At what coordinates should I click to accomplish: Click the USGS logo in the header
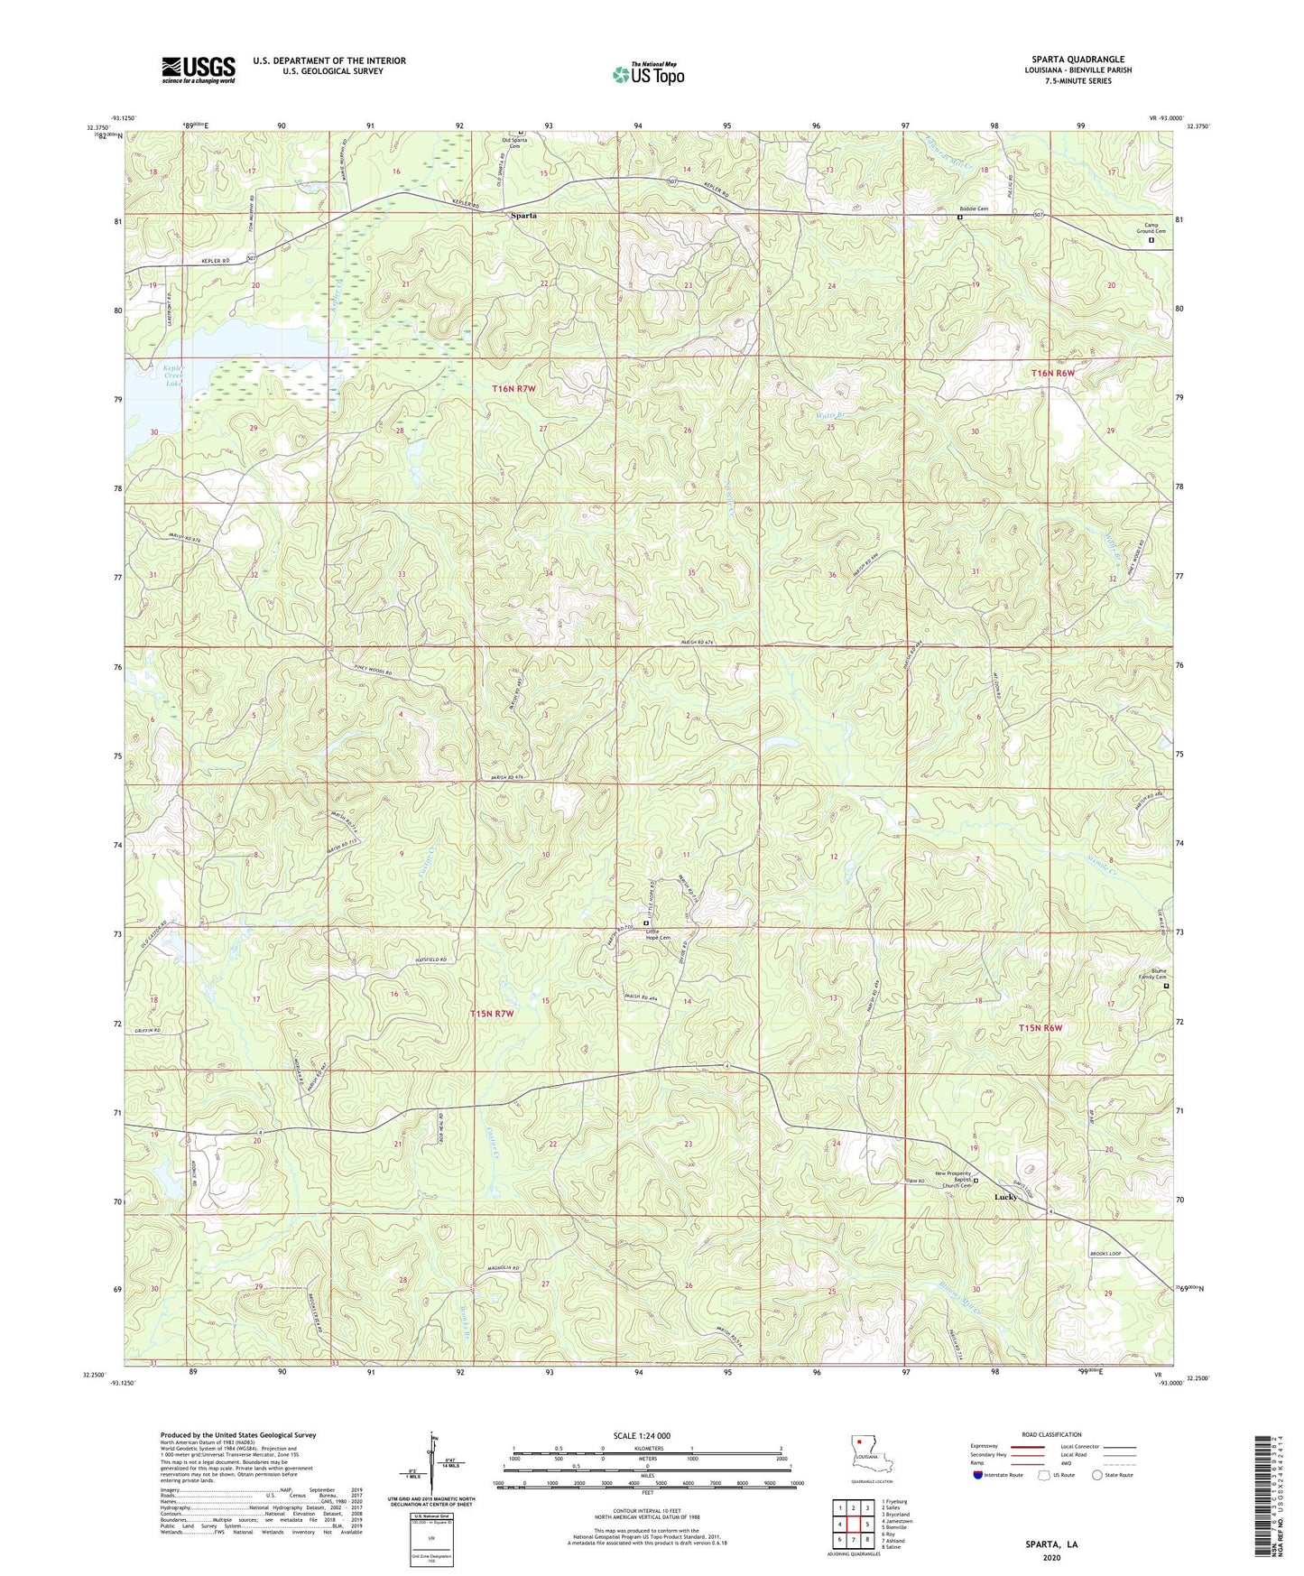click(199, 69)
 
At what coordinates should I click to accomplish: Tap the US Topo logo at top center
click(648, 74)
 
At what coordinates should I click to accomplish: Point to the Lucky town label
click(1005, 1197)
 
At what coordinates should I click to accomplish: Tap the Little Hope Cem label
click(657, 934)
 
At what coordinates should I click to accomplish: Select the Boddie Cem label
click(973, 209)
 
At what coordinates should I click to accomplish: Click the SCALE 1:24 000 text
click(641, 1436)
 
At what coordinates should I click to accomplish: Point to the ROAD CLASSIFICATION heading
click(1051, 1434)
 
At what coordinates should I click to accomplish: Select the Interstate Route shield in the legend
click(978, 1475)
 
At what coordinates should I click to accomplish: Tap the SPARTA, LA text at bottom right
click(1050, 1544)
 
